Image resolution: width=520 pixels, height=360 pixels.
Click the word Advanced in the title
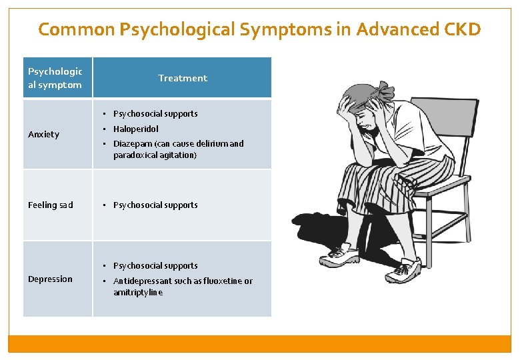(x=389, y=29)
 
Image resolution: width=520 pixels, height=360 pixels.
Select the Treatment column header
(x=182, y=78)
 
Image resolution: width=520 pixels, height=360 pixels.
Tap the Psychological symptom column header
(x=55, y=78)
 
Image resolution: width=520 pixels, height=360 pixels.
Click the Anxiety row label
(x=43, y=134)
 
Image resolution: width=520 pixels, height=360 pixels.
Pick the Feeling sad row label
(x=51, y=205)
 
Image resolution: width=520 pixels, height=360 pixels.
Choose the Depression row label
(x=50, y=279)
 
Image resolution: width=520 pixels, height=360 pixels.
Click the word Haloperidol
(x=136, y=129)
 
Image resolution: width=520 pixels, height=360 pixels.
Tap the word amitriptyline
(x=138, y=292)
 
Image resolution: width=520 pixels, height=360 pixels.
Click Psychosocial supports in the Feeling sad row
(x=155, y=205)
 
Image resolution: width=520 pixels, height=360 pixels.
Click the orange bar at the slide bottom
(x=259, y=343)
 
